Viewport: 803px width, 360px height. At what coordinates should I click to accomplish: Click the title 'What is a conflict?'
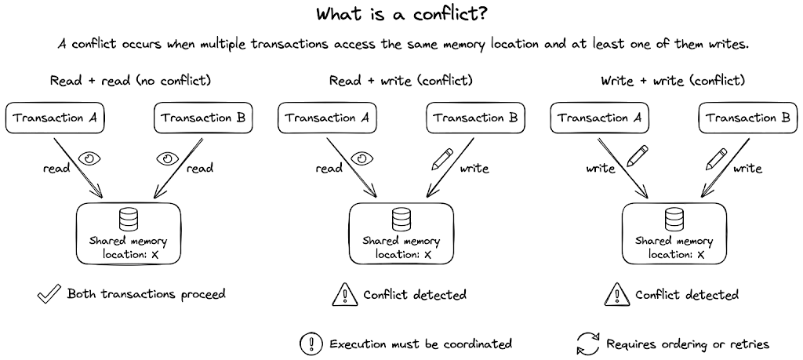[401, 16]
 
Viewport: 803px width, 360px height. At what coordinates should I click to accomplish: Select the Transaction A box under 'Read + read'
[56, 118]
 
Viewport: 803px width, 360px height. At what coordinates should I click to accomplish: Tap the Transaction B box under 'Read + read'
[201, 118]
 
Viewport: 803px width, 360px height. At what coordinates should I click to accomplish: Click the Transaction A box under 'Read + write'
[327, 118]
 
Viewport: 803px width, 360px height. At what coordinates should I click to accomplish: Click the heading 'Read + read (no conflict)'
[130, 80]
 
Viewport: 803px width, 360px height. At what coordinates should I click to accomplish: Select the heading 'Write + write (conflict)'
[672, 80]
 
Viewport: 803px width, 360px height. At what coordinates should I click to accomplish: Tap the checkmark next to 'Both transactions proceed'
[49, 294]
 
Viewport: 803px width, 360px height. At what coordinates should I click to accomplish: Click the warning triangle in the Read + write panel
[345, 295]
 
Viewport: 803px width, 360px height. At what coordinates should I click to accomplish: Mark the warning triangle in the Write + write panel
[616, 295]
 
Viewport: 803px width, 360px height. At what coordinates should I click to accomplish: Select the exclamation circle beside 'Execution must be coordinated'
[311, 344]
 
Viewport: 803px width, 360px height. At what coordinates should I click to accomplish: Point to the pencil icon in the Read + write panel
[442, 160]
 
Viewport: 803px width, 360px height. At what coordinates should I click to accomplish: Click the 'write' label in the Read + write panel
[474, 169]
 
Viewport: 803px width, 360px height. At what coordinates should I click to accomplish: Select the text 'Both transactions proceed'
[146, 295]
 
